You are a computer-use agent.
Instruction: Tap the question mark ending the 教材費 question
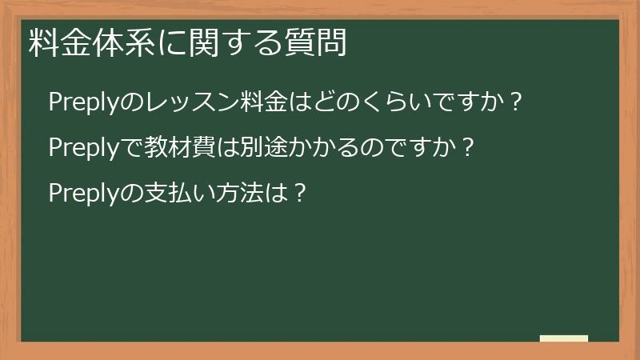coord(470,148)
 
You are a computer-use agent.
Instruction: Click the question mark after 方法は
coord(298,194)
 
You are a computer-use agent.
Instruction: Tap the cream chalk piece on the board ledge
coord(564,338)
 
